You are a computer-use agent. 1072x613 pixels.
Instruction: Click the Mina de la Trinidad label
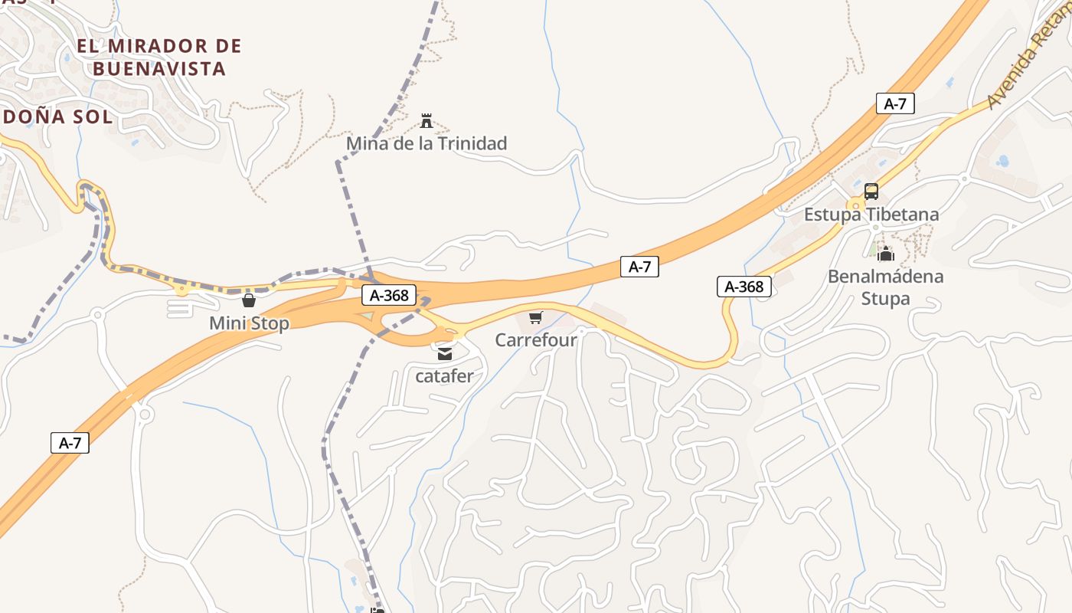pos(427,143)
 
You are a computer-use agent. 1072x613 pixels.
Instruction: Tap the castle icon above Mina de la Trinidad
pos(427,121)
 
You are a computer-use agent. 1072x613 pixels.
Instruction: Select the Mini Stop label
pos(250,323)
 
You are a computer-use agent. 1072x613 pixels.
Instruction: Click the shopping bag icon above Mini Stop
pos(248,300)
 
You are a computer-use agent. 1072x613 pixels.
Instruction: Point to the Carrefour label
pos(536,339)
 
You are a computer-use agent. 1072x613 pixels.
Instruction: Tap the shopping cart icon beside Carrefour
pos(536,317)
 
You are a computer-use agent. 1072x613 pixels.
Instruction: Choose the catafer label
pos(444,376)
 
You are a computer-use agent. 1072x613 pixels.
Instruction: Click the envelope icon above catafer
pos(445,354)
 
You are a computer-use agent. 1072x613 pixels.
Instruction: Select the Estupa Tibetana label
pos(871,215)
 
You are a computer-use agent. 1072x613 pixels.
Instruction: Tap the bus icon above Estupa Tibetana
pos(871,192)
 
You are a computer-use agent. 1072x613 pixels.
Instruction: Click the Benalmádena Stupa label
pos(886,287)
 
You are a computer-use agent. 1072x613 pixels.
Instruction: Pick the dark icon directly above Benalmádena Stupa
pos(886,254)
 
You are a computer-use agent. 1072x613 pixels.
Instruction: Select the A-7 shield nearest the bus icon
pos(895,103)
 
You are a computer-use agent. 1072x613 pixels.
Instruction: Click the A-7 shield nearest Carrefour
pos(639,267)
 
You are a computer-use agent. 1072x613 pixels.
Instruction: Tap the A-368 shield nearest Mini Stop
pos(389,295)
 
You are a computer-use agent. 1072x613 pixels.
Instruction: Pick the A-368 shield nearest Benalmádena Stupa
pos(744,287)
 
